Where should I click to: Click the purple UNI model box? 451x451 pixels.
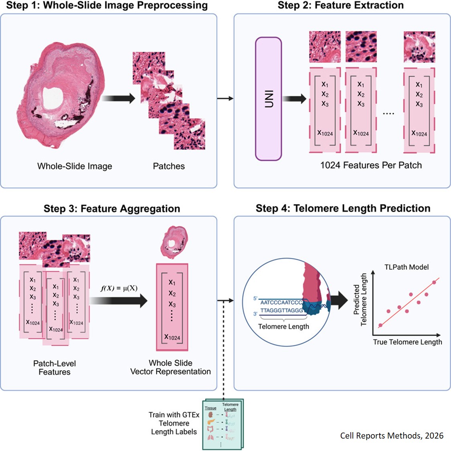point(269,99)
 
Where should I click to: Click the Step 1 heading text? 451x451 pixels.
point(107,6)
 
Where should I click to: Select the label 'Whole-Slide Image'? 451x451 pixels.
point(75,166)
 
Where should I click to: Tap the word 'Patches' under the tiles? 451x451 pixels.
point(169,166)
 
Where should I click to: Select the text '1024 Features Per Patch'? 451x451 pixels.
point(371,165)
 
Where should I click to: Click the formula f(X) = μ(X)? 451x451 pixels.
point(119,288)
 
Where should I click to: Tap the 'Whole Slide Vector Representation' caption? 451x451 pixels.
point(170,367)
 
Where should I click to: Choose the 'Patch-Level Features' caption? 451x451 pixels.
point(55,368)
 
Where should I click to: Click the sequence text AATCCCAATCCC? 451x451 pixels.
point(281,302)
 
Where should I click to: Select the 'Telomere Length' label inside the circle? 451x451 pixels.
point(283,326)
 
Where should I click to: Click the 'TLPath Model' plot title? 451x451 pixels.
point(407,267)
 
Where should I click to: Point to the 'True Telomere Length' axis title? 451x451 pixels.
point(407,342)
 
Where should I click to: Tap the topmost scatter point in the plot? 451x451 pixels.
point(434,283)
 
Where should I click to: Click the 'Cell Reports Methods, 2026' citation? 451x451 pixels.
point(392,435)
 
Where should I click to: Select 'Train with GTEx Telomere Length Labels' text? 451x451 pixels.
point(174,423)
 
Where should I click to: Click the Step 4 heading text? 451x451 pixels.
point(343,208)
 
